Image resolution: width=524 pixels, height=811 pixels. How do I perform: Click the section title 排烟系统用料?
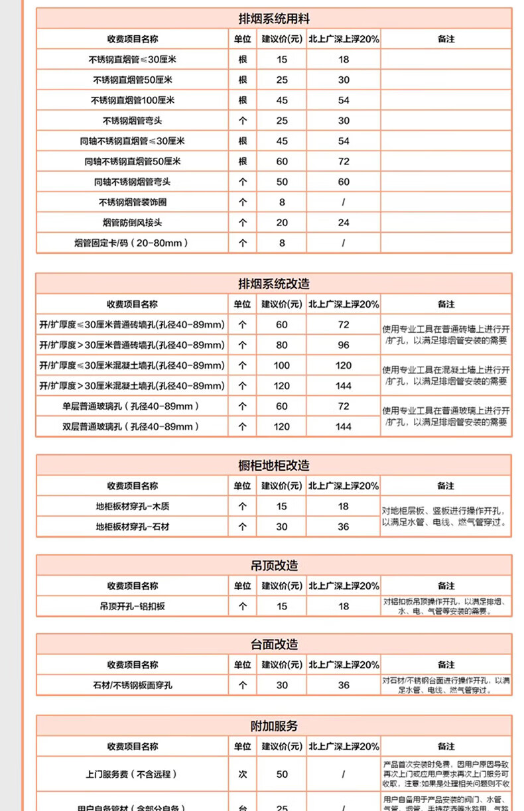point(273,18)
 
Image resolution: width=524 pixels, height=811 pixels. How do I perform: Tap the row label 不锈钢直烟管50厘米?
point(133,80)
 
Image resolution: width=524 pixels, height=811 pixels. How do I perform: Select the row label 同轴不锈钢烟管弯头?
point(133,182)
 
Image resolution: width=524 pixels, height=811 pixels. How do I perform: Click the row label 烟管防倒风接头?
point(133,223)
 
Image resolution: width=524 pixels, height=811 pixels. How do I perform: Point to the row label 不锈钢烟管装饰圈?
point(133,202)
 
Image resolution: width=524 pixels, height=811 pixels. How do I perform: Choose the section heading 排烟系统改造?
point(273,283)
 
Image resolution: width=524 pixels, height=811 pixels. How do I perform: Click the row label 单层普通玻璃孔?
point(132,406)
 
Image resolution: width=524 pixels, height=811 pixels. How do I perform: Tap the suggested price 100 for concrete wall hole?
point(282,365)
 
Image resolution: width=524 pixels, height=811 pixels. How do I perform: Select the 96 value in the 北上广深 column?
point(344,345)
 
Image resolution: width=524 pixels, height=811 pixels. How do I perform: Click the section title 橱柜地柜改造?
point(273,466)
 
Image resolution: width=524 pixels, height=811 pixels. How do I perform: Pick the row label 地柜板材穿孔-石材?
point(133,527)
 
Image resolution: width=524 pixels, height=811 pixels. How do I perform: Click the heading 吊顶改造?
point(273,566)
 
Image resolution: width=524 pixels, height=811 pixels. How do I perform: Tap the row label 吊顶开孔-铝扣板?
point(133,606)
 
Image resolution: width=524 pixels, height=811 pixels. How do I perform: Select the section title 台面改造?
point(273,645)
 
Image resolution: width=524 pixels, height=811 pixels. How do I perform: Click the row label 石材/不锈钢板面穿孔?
point(133,685)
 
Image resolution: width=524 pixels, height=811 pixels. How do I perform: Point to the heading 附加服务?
point(273,726)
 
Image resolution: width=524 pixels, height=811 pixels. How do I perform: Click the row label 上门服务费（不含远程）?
point(133,774)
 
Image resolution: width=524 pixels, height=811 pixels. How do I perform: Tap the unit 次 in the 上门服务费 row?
point(242,774)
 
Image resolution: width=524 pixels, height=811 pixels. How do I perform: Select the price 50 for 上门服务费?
point(282,774)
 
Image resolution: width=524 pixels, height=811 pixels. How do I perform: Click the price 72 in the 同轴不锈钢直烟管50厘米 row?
point(344,161)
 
